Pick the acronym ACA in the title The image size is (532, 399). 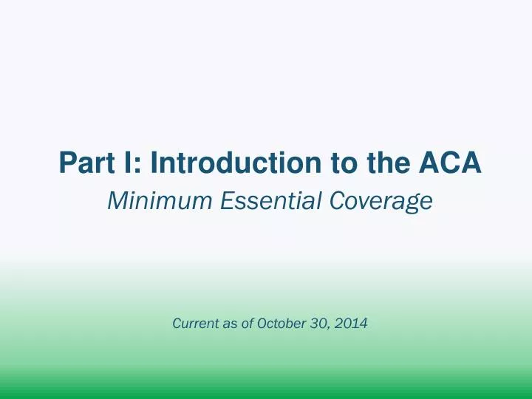[x=451, y=163]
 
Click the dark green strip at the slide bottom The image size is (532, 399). [x=266, y=393]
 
